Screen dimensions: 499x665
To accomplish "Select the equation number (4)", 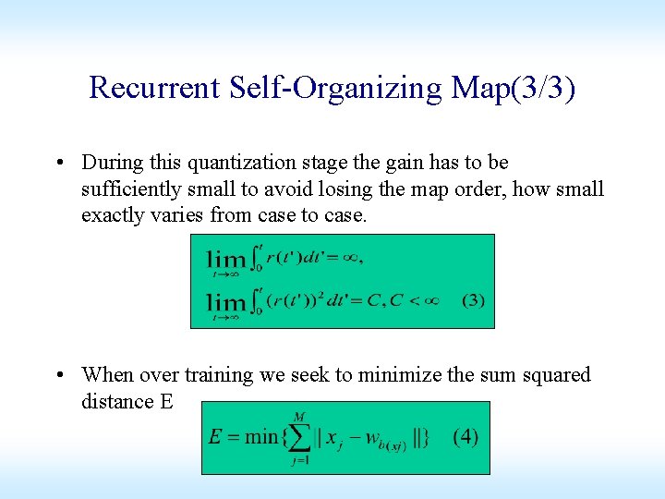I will click(465, 436).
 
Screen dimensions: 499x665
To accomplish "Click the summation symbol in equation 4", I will click(301, 437).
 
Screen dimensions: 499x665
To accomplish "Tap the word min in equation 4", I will click(260, 437).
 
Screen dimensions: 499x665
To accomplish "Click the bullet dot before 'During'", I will click(61, 164).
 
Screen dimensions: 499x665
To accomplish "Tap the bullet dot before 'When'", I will click(61, 376).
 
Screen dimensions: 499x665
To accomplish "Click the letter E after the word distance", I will click(165, 402).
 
